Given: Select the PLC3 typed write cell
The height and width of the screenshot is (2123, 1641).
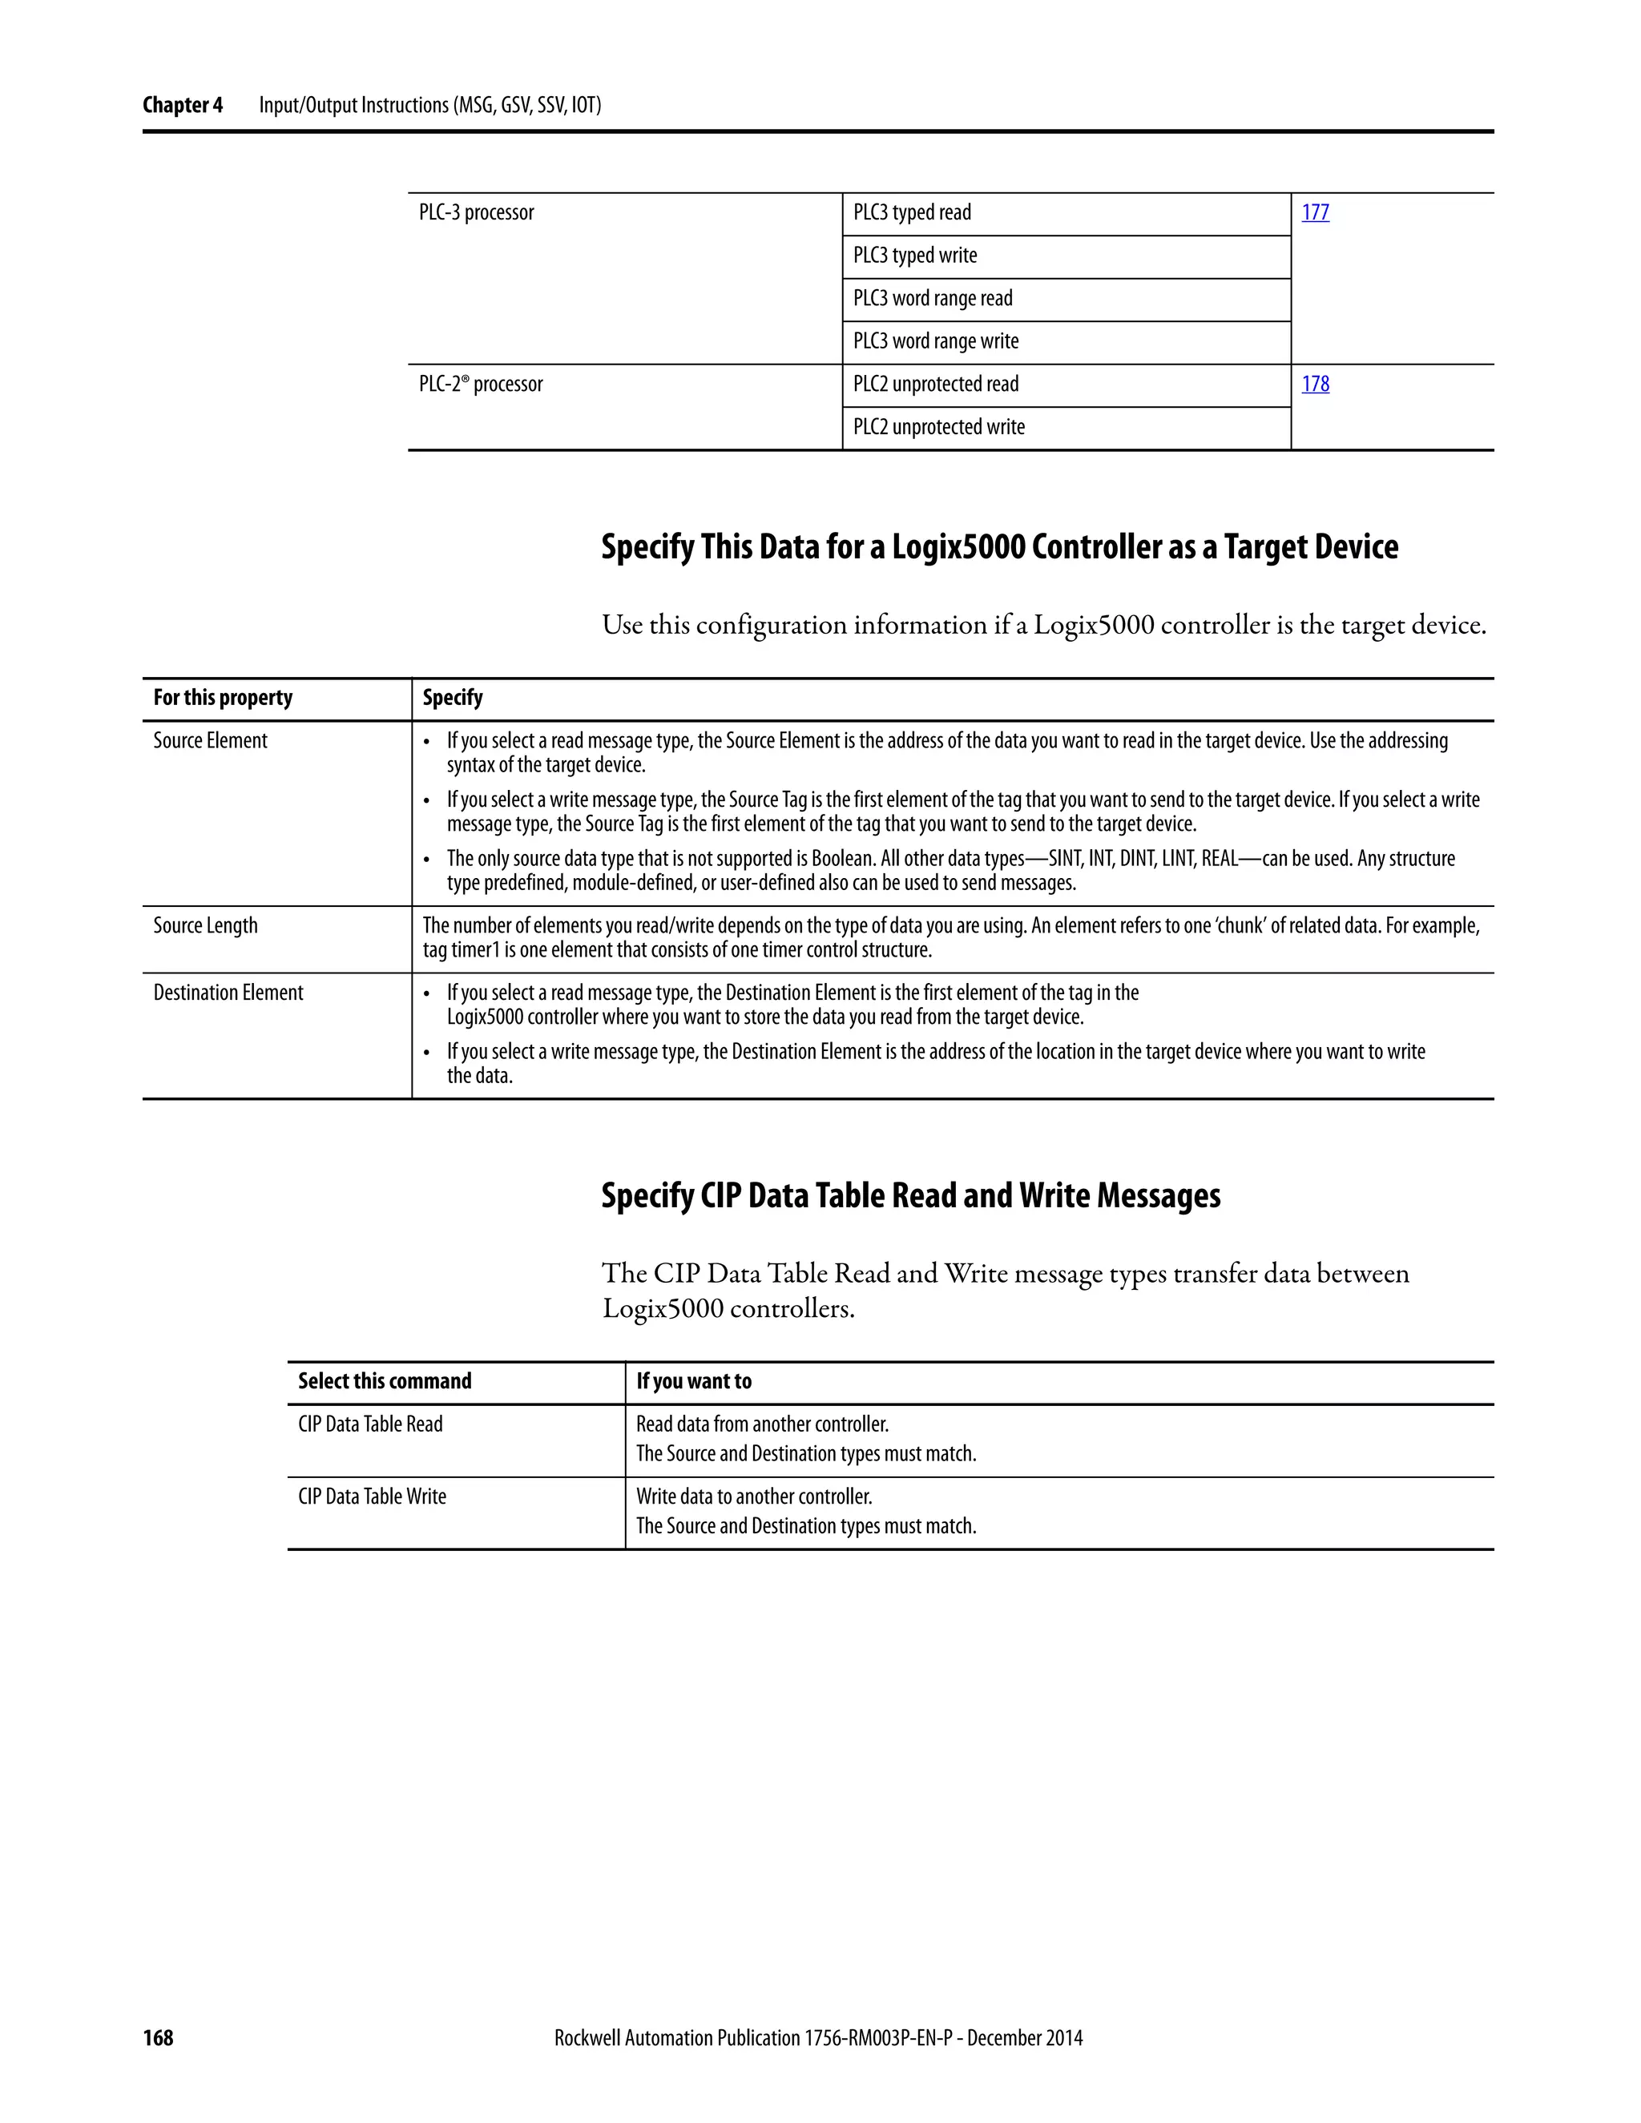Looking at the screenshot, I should (915, 256).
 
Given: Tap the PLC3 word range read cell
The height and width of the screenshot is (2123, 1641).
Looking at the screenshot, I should (933, 299).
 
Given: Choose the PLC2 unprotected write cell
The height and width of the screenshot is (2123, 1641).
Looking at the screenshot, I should (938, 427).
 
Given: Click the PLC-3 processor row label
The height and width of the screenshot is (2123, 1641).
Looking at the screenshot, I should (477, 212).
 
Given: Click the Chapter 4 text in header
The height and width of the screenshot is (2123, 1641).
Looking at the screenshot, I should (183, 105).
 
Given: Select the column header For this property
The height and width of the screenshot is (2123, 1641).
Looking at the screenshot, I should (223, 698).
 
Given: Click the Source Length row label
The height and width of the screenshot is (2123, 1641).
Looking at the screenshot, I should (205, 925).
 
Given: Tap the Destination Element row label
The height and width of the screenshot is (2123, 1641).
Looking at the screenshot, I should (228, 993).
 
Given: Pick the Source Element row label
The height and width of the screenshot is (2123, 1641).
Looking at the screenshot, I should (210, 741).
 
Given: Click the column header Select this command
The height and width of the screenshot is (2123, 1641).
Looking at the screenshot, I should (384, 1381).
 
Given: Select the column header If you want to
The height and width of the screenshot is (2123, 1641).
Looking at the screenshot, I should (693, 1381).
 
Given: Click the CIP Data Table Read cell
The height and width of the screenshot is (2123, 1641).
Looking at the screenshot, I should (369, 1424).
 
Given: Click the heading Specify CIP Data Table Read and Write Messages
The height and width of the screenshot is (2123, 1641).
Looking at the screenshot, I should (910, 1194).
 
